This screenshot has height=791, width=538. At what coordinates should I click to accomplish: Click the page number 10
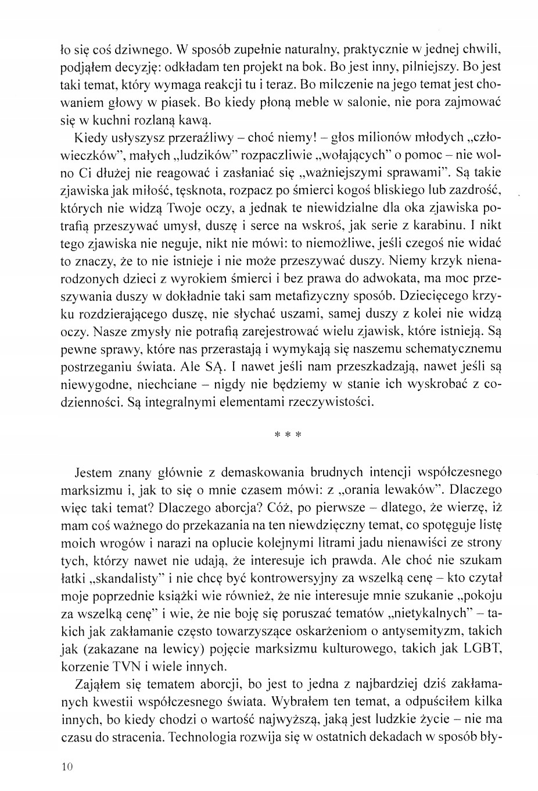[65, 767]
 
